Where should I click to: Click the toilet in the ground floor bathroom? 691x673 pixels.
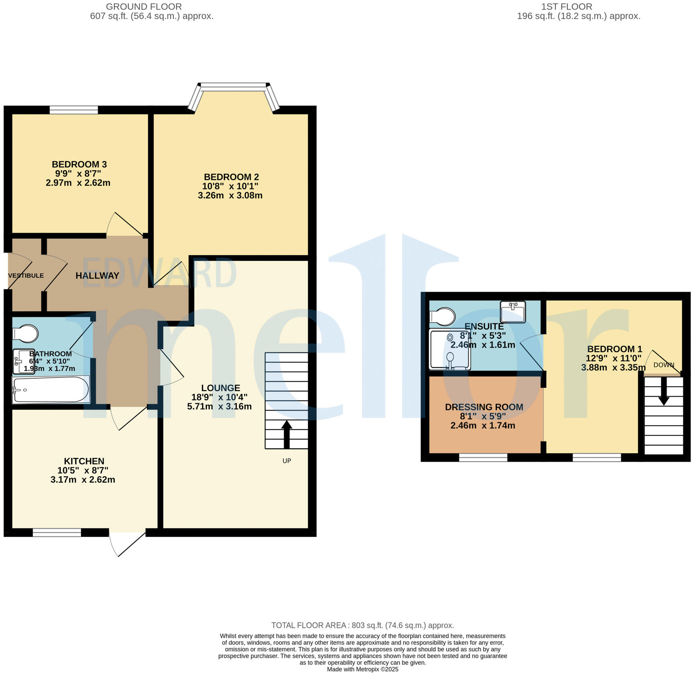26,333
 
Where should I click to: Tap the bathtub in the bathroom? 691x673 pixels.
51,389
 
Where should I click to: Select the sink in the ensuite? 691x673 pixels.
513,312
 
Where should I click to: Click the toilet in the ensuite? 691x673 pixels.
443,316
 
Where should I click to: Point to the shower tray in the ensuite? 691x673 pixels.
450,349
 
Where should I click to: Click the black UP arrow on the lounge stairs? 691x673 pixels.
286,434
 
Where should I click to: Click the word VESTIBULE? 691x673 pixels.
26,276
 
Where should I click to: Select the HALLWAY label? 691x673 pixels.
97,276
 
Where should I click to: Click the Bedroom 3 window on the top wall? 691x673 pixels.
74,110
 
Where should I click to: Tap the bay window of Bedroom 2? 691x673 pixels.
233,85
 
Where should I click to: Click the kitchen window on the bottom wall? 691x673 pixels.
57,533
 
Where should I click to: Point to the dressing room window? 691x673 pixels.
483,457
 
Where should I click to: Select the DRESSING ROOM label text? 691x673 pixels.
484,407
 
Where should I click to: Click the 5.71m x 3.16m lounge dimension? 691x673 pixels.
219,406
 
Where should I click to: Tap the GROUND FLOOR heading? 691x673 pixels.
144,7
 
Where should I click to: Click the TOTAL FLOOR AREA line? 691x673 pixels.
362,625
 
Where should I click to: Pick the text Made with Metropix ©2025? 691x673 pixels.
362,669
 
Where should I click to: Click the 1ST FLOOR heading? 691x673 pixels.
566,7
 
